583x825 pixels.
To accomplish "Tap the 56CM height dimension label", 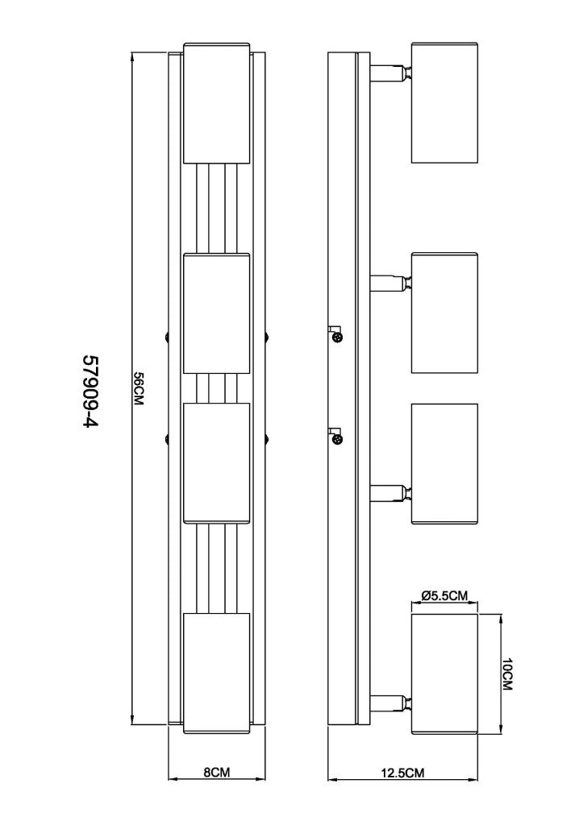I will [139, 389].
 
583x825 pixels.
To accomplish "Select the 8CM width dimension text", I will [217, 772].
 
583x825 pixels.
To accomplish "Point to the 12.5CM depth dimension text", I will [402, 773].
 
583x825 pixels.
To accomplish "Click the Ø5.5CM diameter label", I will [444, 596].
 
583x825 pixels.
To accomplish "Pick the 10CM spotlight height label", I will [507, 674].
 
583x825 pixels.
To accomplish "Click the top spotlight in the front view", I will [217, 103].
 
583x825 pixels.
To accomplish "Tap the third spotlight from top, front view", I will [217, 462].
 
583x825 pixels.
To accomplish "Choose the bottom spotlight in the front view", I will [217, 674].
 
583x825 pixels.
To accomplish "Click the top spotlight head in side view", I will [444, 103].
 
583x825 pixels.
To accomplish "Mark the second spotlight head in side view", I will [444, 313].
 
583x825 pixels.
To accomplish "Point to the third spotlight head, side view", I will [444, 463].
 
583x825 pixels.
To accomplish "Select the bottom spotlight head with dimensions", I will [444, 674].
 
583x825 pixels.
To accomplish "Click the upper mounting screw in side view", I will [338, 335].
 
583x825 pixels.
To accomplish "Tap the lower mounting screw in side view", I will [338, 438].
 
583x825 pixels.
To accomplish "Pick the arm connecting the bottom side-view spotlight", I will [390, 702].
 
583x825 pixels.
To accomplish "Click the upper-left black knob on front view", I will [165, 336].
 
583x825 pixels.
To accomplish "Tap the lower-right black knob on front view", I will [268, 439].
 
